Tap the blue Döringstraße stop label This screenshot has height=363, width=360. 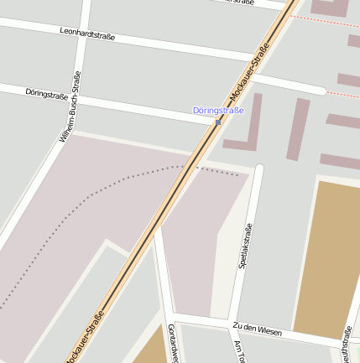(218, 111)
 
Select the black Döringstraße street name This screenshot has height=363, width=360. (47, 94)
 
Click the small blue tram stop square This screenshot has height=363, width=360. (218, 123)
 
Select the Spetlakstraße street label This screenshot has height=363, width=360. (245, 246)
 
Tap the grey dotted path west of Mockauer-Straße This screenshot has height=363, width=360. (101, 189)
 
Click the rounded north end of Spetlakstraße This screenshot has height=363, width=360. (258, 170)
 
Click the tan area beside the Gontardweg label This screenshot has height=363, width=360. (151, 347)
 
